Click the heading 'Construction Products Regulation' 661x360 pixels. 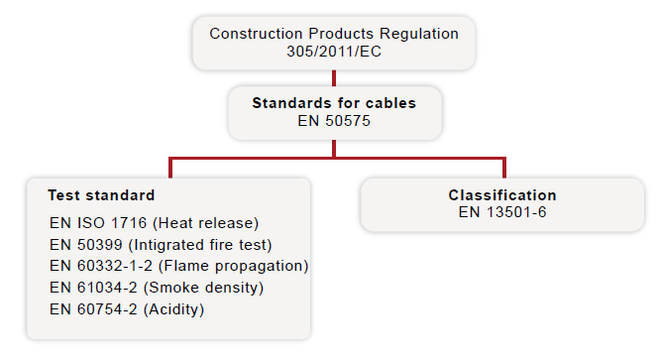pos(334,33)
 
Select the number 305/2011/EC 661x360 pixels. pos(334,51)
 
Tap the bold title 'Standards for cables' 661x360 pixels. pos(334,102)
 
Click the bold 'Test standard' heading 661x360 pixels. pos(101,195)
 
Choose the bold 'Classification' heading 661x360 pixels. pos(502,195)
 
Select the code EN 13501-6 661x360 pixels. pos(502,212)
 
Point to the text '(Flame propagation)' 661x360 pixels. pos(233,266)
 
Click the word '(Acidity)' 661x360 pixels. pos(172,309)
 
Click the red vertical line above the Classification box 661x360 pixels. pos(503,168)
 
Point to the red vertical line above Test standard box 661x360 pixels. pos(170,168)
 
